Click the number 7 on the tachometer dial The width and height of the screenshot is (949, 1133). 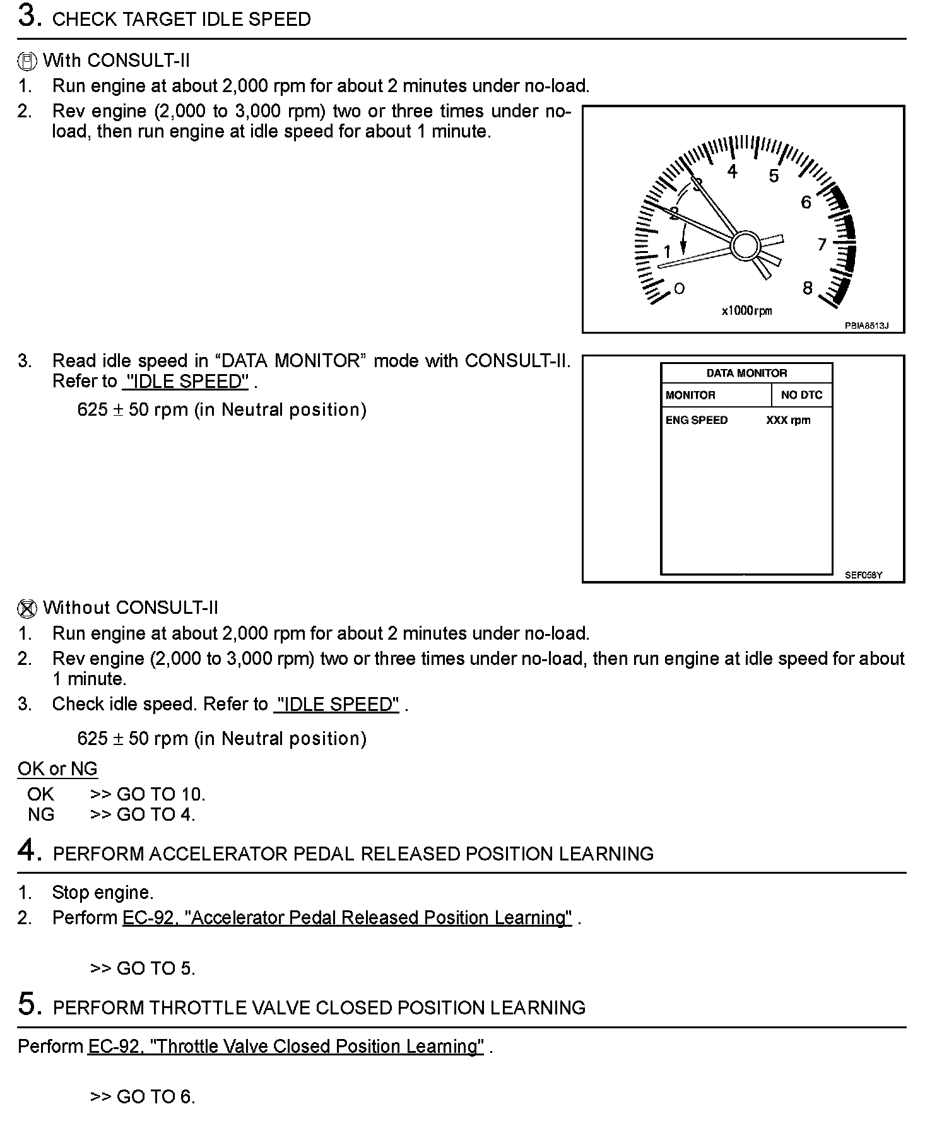822,244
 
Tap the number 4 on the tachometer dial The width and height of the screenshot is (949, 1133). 732,172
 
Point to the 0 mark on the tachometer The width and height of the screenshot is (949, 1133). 679,289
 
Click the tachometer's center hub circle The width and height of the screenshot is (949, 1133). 746,245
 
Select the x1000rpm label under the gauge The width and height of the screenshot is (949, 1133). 746,310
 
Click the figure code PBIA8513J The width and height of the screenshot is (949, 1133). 866,326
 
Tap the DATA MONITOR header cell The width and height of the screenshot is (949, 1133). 746,373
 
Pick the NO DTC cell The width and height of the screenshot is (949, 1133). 801,395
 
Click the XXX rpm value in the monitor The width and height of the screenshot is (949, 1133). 788,420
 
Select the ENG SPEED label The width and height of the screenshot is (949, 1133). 697,420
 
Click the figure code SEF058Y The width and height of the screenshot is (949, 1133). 863,575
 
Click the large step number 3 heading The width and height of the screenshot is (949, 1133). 30,17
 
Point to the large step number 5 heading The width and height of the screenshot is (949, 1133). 30,1005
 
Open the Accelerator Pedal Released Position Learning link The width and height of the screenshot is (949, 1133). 347,918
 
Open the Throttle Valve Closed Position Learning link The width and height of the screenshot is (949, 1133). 286,1047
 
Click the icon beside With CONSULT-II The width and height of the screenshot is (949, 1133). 27,61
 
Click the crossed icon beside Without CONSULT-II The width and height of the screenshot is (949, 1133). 27,608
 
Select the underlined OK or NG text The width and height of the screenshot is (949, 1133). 57,769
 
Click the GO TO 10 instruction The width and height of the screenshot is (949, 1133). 148,794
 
